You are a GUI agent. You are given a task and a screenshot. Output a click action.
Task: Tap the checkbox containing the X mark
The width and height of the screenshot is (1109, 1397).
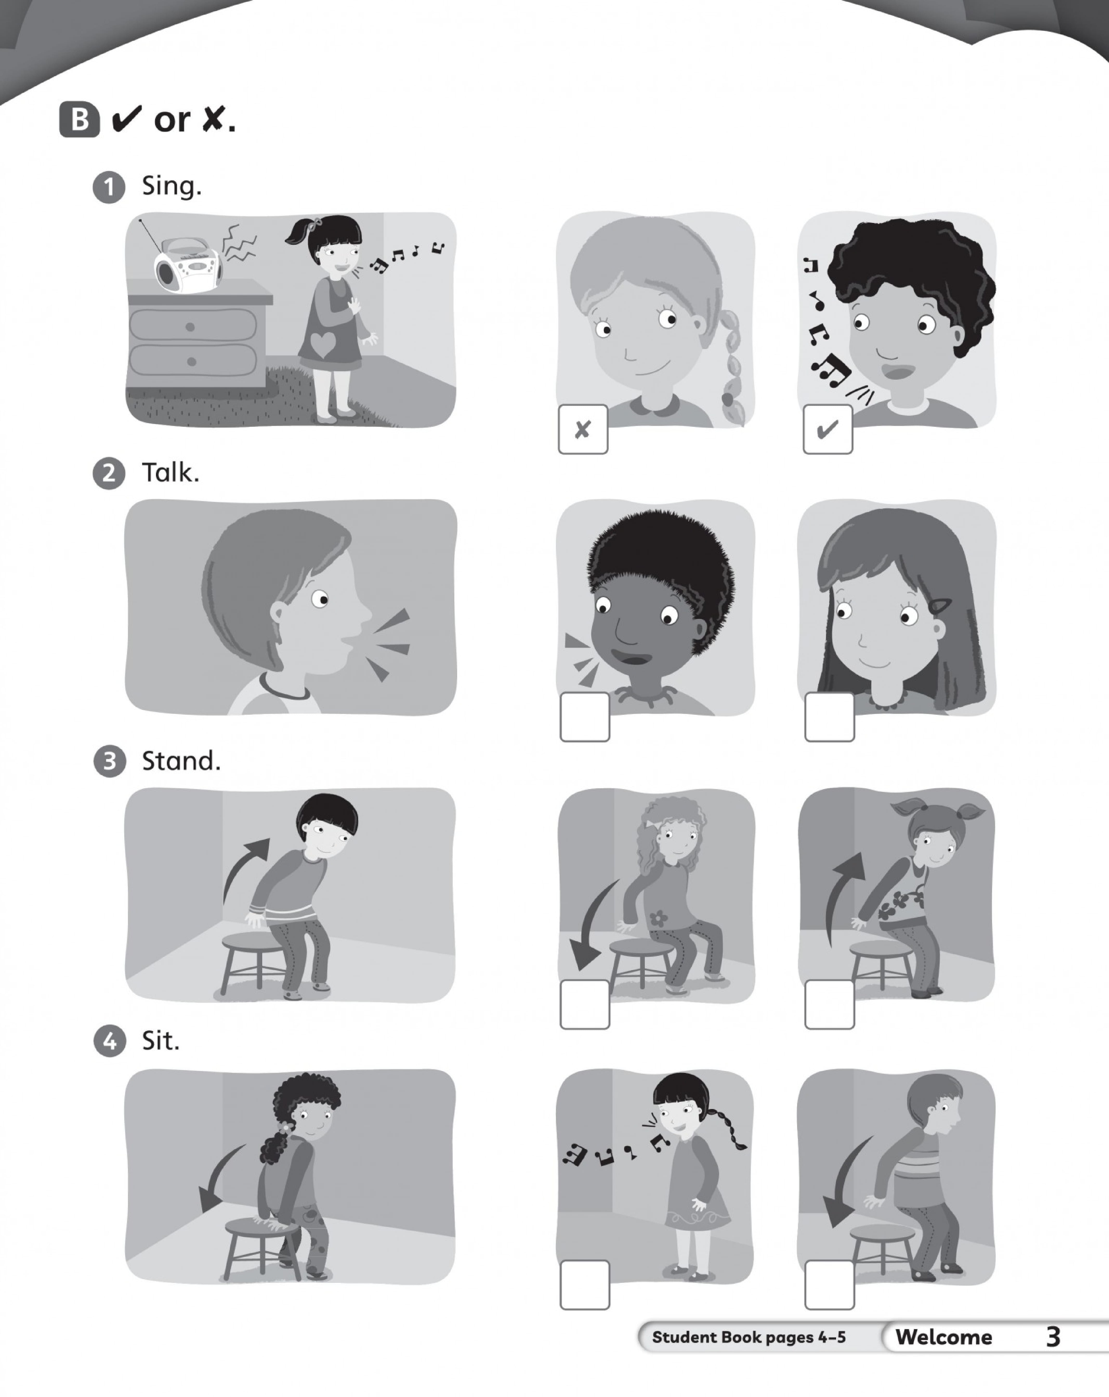(x=583, y=429)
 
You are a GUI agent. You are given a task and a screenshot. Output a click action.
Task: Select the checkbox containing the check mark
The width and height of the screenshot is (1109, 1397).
(x=828, y=429)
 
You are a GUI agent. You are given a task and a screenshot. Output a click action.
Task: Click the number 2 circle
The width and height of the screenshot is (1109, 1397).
(x=109, y=474)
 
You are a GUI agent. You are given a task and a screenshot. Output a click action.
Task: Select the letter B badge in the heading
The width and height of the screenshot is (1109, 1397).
(x=80, y=120)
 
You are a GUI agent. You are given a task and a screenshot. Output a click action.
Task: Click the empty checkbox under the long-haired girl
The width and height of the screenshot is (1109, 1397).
(x=829, y=717)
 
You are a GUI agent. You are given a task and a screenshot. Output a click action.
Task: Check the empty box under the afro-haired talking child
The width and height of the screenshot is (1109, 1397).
(x=584, y=717)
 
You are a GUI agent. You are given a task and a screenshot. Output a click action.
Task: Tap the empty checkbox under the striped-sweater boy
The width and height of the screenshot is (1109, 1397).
(x=829, y=1284)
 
